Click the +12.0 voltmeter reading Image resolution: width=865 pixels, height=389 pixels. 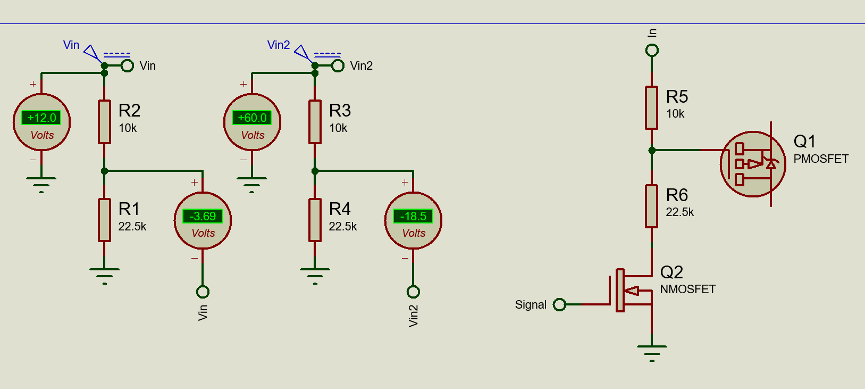pyautogui.click(x=41, y=118)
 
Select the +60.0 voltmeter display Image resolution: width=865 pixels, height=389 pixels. pyautogui.click(x=252, y=118)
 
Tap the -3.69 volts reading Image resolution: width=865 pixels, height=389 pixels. pyautogui.click(x=203, y=216)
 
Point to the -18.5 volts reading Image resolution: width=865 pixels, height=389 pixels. pyautogui.click(x=413, y=216)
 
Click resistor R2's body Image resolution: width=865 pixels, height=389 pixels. pyautogui.click(x=104, y=122)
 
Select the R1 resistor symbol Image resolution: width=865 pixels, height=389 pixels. pyautogui.click(x=104, y=220)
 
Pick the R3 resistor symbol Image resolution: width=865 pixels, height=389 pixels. pyautogui.click(x=315, y=122)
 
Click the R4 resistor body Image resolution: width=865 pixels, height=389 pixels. pyautogui.click(x=315, y=220)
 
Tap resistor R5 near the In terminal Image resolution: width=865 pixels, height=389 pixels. pyautogui.click(x=651, y=107)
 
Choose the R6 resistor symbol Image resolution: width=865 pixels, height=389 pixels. pyautogui.click(x=651, y=206)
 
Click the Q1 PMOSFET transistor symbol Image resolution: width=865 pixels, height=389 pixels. pyautogui.click(x=753, y=164)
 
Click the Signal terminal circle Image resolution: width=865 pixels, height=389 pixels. pyautogui.click(x=559, y=305)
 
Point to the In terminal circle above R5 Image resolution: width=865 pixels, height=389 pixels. pyautogui.click(x=652, y=50)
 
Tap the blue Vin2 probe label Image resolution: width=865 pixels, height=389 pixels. pyautogui.click(x=279, y=45)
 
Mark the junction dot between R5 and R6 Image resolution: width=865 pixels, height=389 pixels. pyautogui.click(x=652, y=150)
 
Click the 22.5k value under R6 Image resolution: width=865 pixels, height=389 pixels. pyautogui.click(x=679, y=212)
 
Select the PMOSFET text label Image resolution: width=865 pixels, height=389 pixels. pyautogui.click(x=821, y=159)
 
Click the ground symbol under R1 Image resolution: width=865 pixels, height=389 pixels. pyautogui.click(x=104, y=276)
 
